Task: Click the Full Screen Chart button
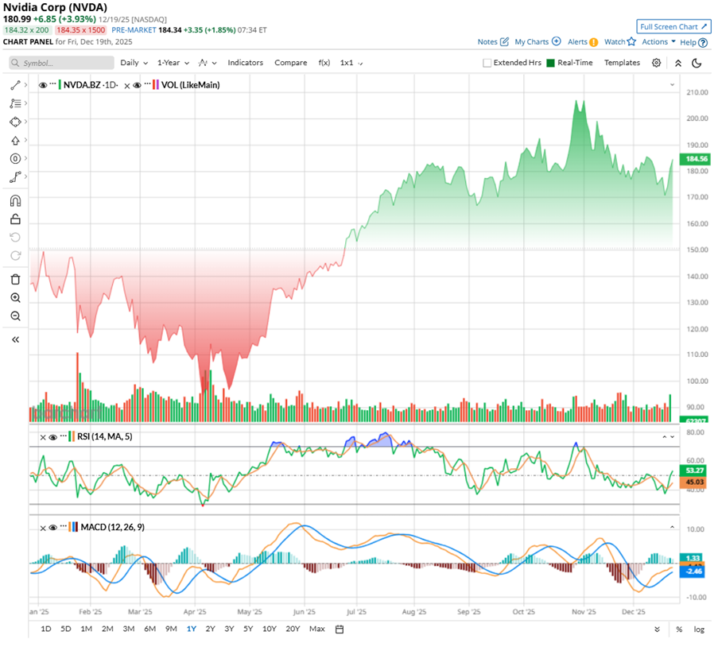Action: (673, 26)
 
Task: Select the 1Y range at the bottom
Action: (191, 629)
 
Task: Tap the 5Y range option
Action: (248, 629)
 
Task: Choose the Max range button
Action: (316, 629)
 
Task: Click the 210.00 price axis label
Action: (697, 92)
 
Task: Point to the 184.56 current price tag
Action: (688, 159)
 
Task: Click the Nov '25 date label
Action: (584, 612)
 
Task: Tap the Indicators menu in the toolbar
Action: (245, 63)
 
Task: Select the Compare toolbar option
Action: (290, 63)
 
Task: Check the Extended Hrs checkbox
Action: (487, 63)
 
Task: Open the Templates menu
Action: (622, 63)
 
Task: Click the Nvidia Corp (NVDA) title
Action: (55, 7)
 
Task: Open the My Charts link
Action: (537, 42)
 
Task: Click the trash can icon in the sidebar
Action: (15, 279)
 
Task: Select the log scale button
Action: (699, 629)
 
